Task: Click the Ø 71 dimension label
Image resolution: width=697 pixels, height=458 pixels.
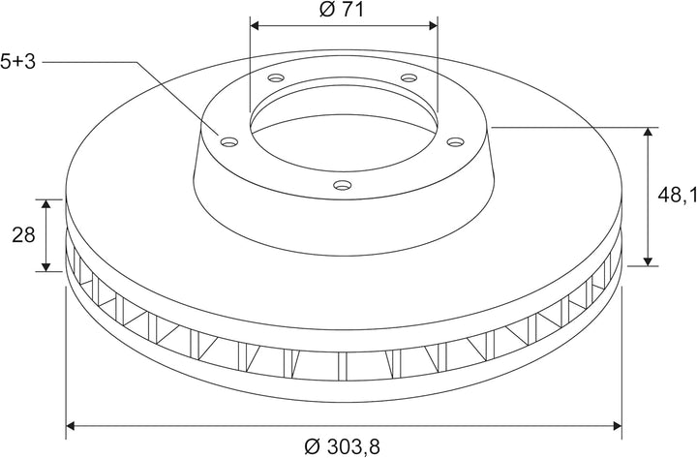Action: (342, 10)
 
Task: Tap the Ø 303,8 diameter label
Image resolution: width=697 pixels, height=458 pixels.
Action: (343, 446)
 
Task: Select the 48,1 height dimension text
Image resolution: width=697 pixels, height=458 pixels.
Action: (677, 195)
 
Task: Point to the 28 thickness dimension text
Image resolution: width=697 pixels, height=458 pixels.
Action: (23, 234)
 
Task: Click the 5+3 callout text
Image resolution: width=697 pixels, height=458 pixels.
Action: (17, 62)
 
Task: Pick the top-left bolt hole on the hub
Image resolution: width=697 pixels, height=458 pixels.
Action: (276, 78)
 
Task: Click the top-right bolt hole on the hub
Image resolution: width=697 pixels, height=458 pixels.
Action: (409, 78)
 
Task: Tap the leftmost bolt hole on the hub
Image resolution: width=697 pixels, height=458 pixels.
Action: (229, 142)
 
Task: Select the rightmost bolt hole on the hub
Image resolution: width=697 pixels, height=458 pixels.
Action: (455, 141)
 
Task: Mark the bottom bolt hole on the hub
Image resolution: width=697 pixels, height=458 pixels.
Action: (343, 185)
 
